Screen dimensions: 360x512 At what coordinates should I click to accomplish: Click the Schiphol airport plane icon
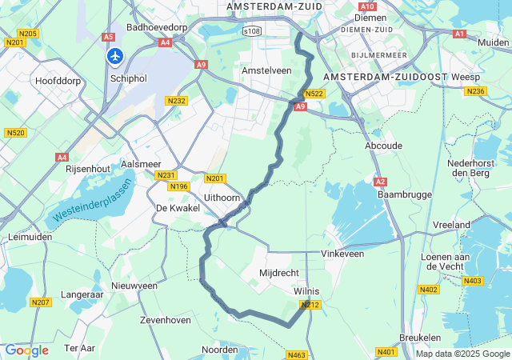pos(115,56)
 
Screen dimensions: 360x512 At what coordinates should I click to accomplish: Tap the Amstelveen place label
pos(266,70)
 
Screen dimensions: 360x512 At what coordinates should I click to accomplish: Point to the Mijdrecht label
pos(279,273)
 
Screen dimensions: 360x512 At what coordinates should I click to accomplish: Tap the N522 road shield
pos(314,94)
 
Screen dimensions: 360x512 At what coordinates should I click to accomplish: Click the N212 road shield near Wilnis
pos(310,305)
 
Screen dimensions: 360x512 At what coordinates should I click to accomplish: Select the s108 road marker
pos(252,30)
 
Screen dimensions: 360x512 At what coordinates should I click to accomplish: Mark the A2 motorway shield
pos(381,182)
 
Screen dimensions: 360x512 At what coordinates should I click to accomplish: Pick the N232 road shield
pos(176,101)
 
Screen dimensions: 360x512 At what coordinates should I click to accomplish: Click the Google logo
pos(26,350)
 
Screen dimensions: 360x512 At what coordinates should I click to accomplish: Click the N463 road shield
pos(297,354)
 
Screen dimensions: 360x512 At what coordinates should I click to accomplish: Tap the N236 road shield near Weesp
pos(476,91)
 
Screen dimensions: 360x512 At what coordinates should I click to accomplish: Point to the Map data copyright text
pos(462,354)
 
